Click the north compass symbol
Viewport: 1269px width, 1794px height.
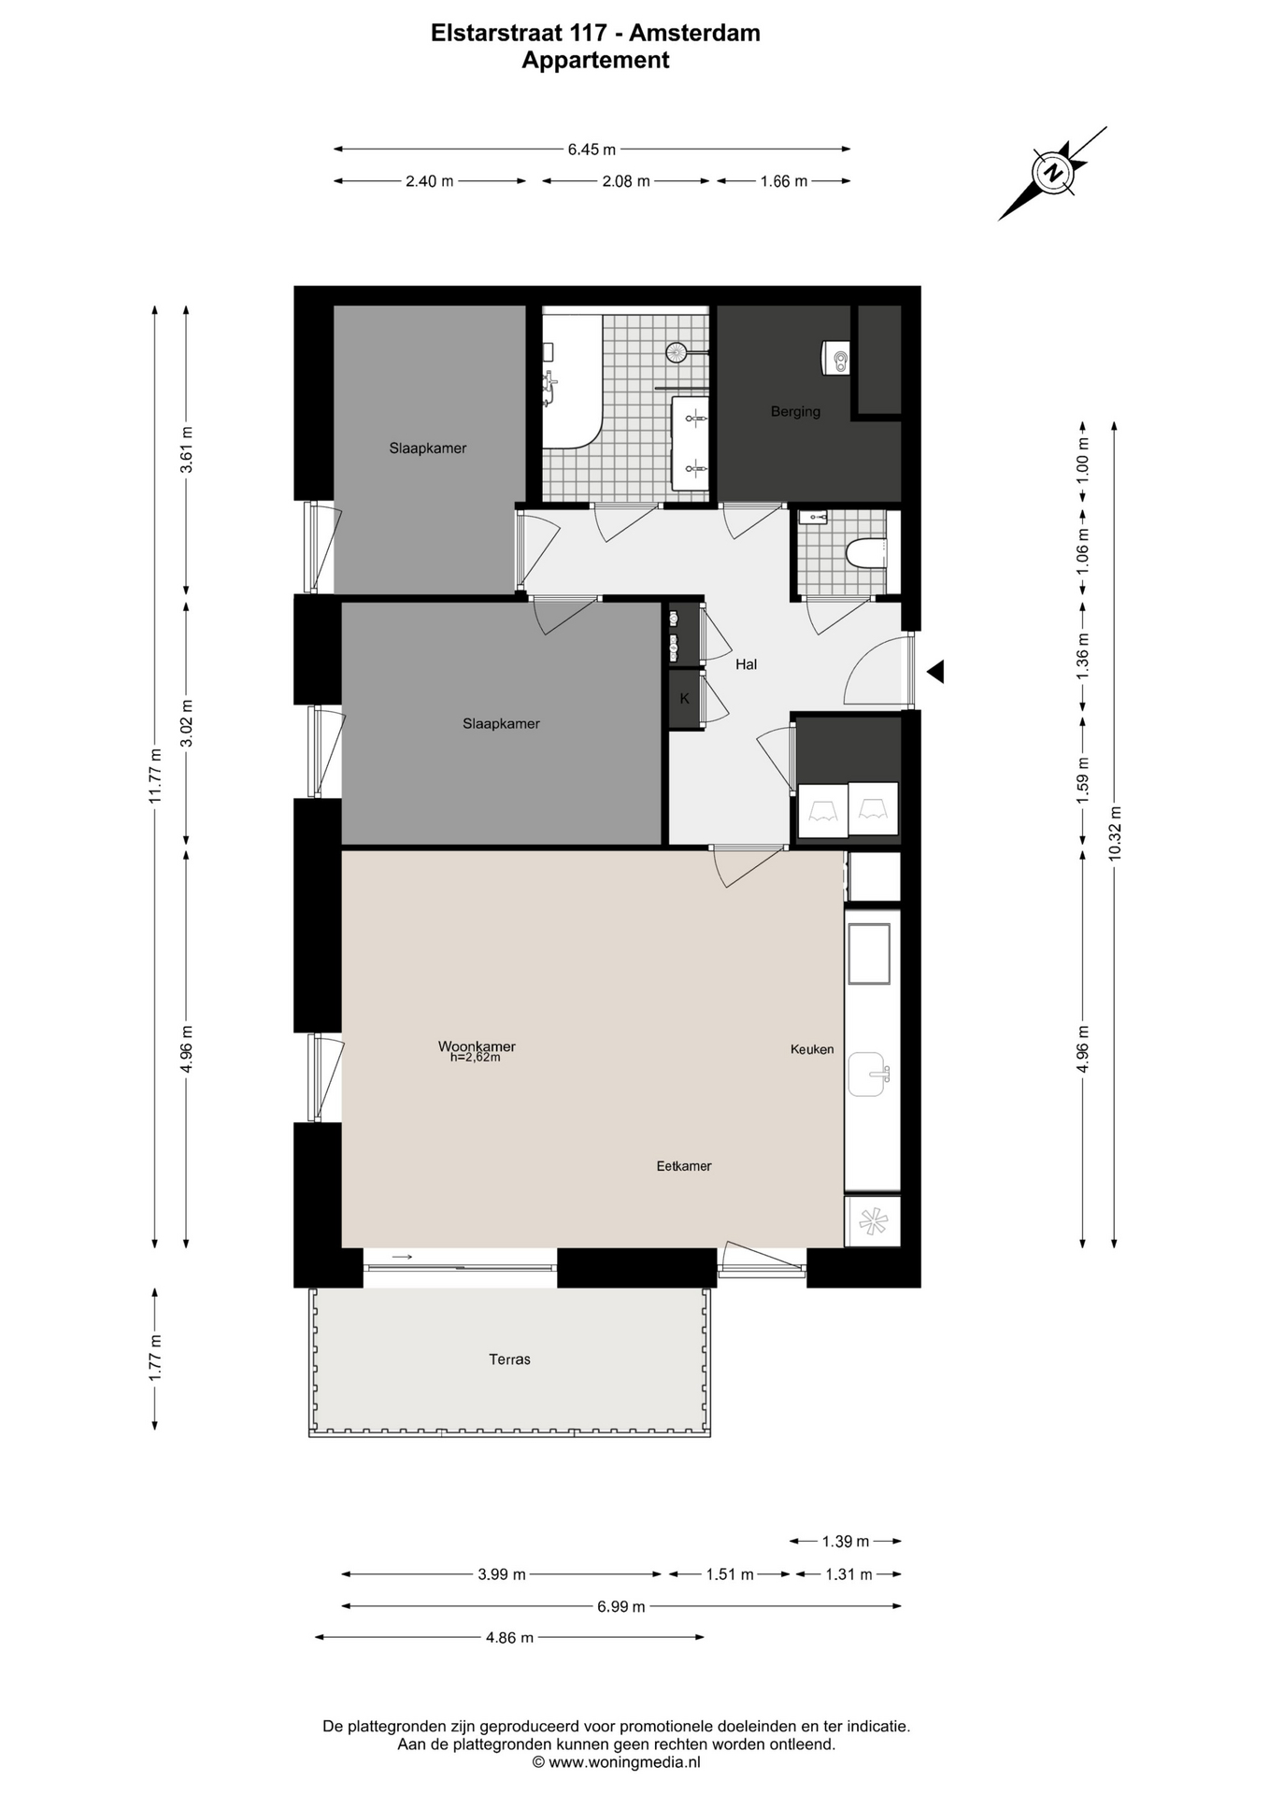[1053, 173]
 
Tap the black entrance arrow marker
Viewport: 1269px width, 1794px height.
[935, 671]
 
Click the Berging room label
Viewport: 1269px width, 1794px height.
[795, 411]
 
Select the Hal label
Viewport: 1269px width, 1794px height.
[746, 664]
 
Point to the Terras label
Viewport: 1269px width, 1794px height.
[509, 1360]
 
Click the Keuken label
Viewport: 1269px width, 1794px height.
[812, 1049]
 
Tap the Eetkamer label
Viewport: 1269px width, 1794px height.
[684, 1166]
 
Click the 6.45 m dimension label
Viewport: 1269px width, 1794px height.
[592, 149]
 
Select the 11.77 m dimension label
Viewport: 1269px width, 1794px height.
[156, 776]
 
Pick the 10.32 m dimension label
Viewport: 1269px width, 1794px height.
[1114, 833]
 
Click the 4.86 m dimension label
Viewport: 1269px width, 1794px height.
[509, 1637]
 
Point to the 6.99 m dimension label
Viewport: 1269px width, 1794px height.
[621, 1606]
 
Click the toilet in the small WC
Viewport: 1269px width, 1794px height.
[866, 553]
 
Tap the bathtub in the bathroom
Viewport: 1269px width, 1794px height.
[573, 381]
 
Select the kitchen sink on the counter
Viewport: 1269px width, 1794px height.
[868, 1075]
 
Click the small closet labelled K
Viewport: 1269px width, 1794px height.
[685, 699]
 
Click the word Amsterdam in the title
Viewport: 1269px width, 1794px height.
[694, 33]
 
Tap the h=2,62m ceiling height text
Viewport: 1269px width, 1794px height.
[475, 1058]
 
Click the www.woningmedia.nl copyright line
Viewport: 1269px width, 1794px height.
[616, 1761]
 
